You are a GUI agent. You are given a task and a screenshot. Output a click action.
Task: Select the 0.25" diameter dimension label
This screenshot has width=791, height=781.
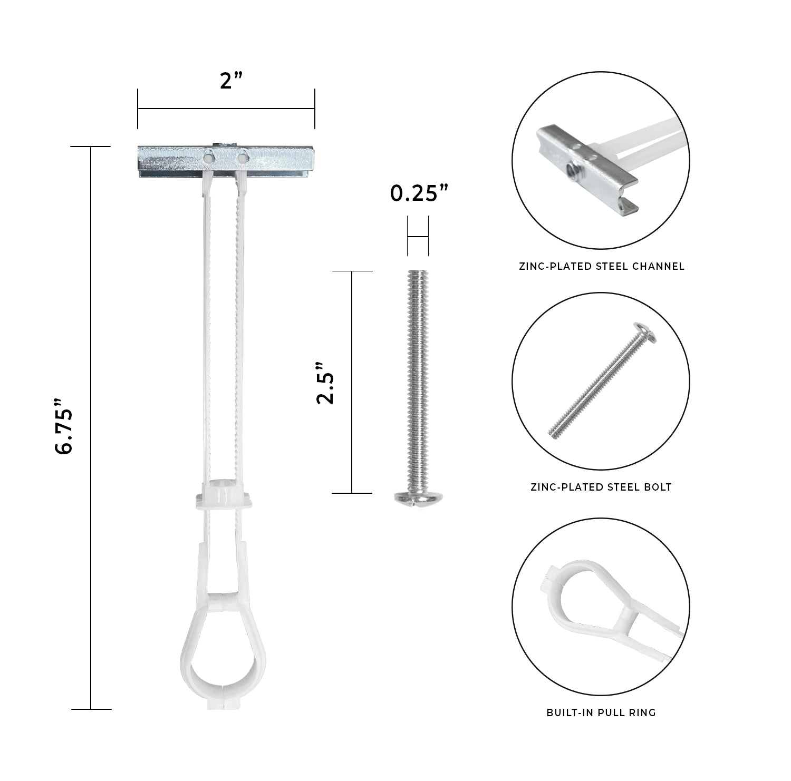click(x=419, y=194)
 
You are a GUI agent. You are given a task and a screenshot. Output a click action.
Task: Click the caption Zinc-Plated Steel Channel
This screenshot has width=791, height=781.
click(x=601, y=266)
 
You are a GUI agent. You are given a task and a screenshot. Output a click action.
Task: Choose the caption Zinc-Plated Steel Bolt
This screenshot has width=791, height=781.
click(x=601, y=487)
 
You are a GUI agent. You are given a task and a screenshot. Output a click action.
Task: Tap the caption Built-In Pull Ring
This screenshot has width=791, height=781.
click(x=601, y=712)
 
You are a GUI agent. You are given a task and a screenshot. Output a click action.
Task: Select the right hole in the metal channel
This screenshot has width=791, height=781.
click(x=242, y=157)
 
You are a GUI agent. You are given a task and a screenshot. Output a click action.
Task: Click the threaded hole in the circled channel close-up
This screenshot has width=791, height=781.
click(x=570, y=168)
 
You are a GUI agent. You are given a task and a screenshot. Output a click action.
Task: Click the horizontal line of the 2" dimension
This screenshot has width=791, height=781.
click(x=226, y=109)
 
